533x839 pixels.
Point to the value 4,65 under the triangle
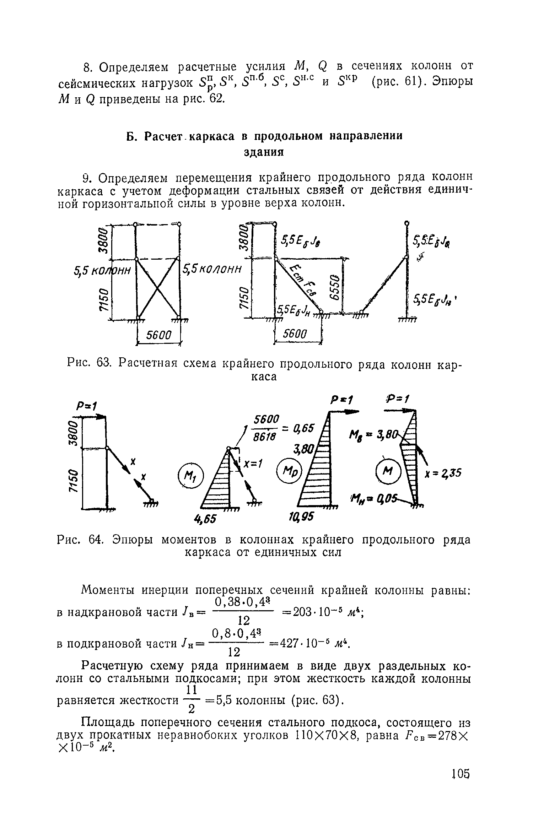pyautogui.click(x=210, y=519)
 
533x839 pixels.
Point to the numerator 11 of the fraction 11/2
pyautogui.click(x=192, y=691)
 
